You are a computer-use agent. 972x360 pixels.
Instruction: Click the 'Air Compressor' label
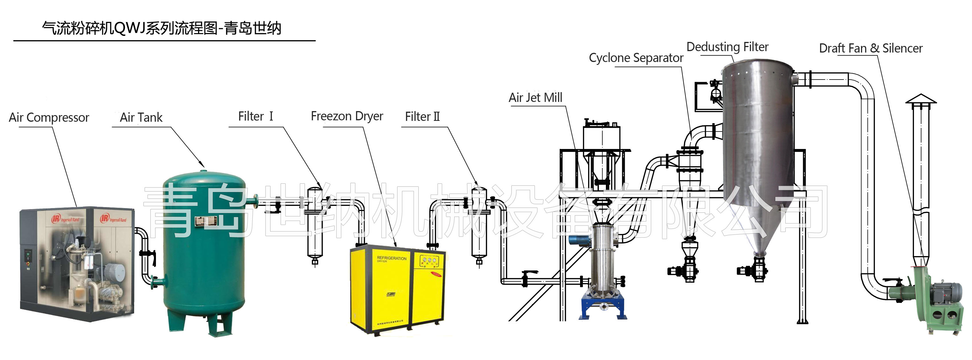coord(49,117)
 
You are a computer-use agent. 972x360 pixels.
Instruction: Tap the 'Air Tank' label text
coord(141,117)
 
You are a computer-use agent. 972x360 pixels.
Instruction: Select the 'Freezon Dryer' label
coord(347,116)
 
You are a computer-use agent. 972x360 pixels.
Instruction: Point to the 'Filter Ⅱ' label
coord(422,117)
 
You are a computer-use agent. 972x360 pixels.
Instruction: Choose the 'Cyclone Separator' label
coord(636,58)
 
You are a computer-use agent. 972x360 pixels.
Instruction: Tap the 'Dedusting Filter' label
coord(727,47)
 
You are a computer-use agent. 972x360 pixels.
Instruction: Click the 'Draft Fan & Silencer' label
coord(871,48)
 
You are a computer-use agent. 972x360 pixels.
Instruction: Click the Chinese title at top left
coord(161,28)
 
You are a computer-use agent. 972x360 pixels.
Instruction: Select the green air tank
coord(204,257)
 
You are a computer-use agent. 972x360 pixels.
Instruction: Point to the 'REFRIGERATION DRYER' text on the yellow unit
coord(391,259)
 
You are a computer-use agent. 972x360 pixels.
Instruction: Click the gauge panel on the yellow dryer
coord(429,260)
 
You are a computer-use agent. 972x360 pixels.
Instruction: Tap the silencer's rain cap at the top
coord(921,99)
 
